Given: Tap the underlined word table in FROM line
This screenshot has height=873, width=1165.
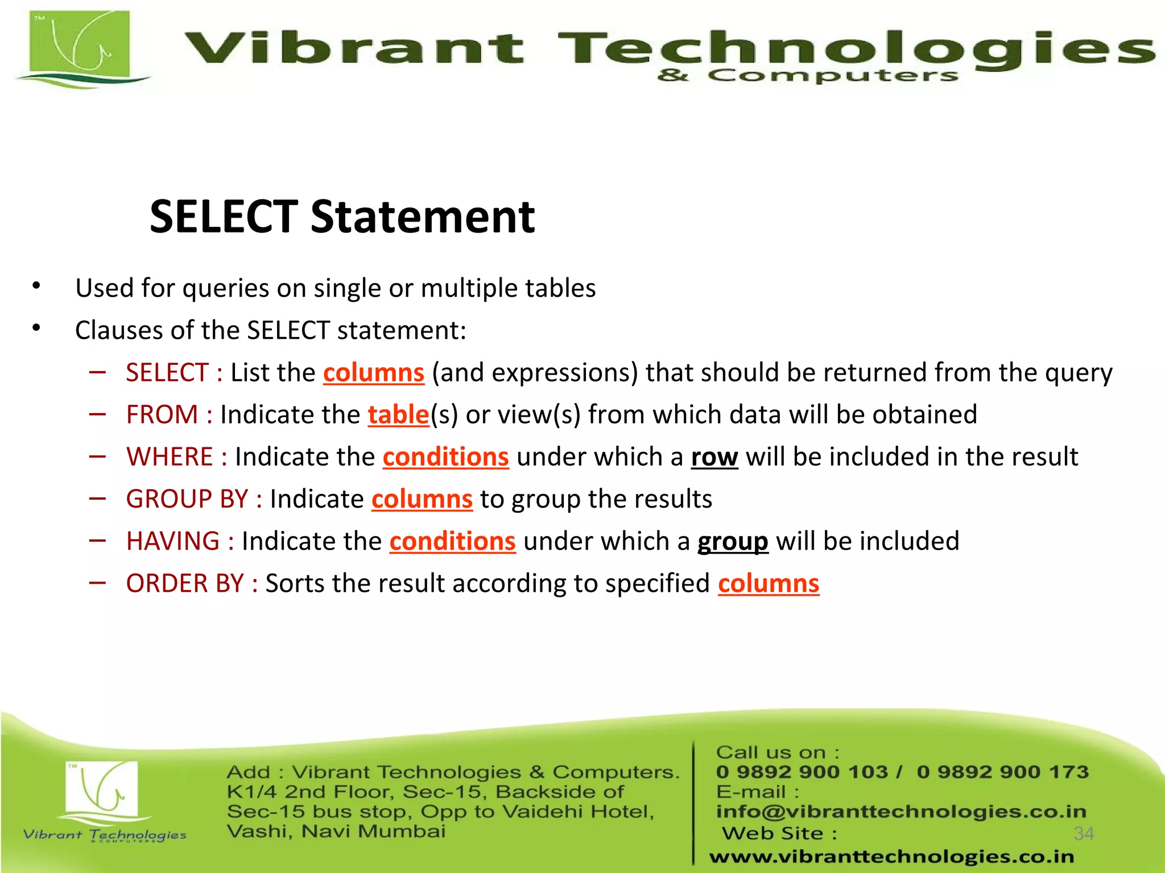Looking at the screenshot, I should coord(398,415).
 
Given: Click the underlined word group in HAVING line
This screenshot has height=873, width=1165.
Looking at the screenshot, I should coord(733,542).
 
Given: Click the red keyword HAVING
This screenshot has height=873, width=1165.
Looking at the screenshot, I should coord(173,542).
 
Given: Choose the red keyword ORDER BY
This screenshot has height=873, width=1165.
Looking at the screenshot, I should coord(185,584).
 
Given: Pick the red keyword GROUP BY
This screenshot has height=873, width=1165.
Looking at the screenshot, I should coord(187,500).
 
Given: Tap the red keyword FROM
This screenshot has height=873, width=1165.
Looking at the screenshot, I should coord(162,415).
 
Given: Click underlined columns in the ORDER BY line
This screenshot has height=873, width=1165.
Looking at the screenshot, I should coord(768,584).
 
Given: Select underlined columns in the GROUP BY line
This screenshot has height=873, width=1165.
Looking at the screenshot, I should coord(422,500).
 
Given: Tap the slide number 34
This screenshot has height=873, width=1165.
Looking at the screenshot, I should coord(1084,834).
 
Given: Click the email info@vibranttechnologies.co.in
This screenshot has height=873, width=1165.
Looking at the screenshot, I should coord(901,812).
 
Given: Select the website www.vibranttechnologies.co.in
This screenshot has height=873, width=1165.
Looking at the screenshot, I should coord(891,857).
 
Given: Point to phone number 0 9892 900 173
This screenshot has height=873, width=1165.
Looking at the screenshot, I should coord(1002,772).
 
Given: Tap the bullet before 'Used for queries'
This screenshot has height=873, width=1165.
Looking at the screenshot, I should coord(36,286).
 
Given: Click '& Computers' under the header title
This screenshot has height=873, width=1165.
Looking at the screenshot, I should coord(808,76).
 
